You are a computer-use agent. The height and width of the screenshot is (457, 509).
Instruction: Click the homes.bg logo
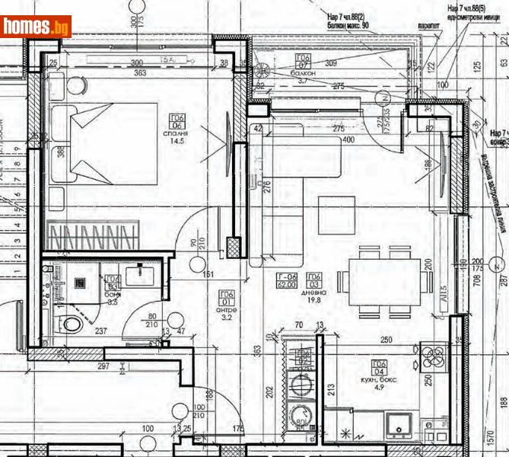coord(36,27)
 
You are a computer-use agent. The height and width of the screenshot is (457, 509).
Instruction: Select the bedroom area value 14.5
coord(178,141)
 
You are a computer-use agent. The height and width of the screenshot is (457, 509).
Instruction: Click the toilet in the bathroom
coord(72,323)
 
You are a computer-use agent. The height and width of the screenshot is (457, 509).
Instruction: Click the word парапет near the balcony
coord(428,25)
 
